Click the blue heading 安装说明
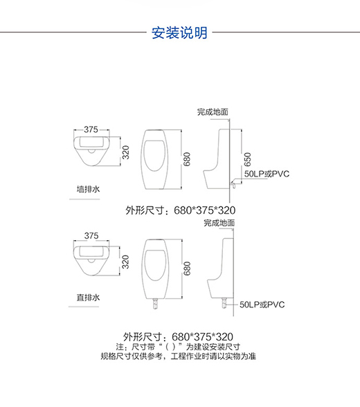coord(179,33)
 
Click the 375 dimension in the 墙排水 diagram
coord(91,129)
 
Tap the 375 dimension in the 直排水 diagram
coord(91,235)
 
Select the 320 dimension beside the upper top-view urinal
coord(125,152)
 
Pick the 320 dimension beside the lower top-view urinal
coord(125,262)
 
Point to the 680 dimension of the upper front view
coord(187,159)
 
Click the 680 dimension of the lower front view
coord(187,269)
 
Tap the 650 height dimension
coord(248,159)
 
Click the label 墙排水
coord(88,189)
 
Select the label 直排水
coord(88,297)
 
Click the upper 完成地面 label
coord(213,112)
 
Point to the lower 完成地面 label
coord(219,223)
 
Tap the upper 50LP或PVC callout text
coord(267,174)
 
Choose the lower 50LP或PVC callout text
coord(262,305)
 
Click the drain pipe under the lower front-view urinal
coord(156,303)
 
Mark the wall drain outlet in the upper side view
coord(233,184)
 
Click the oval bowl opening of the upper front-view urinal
coord(154,155)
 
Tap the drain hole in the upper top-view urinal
coord(91,151)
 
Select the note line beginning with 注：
coord(178,347)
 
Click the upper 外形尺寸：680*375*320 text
coord(181,210)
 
